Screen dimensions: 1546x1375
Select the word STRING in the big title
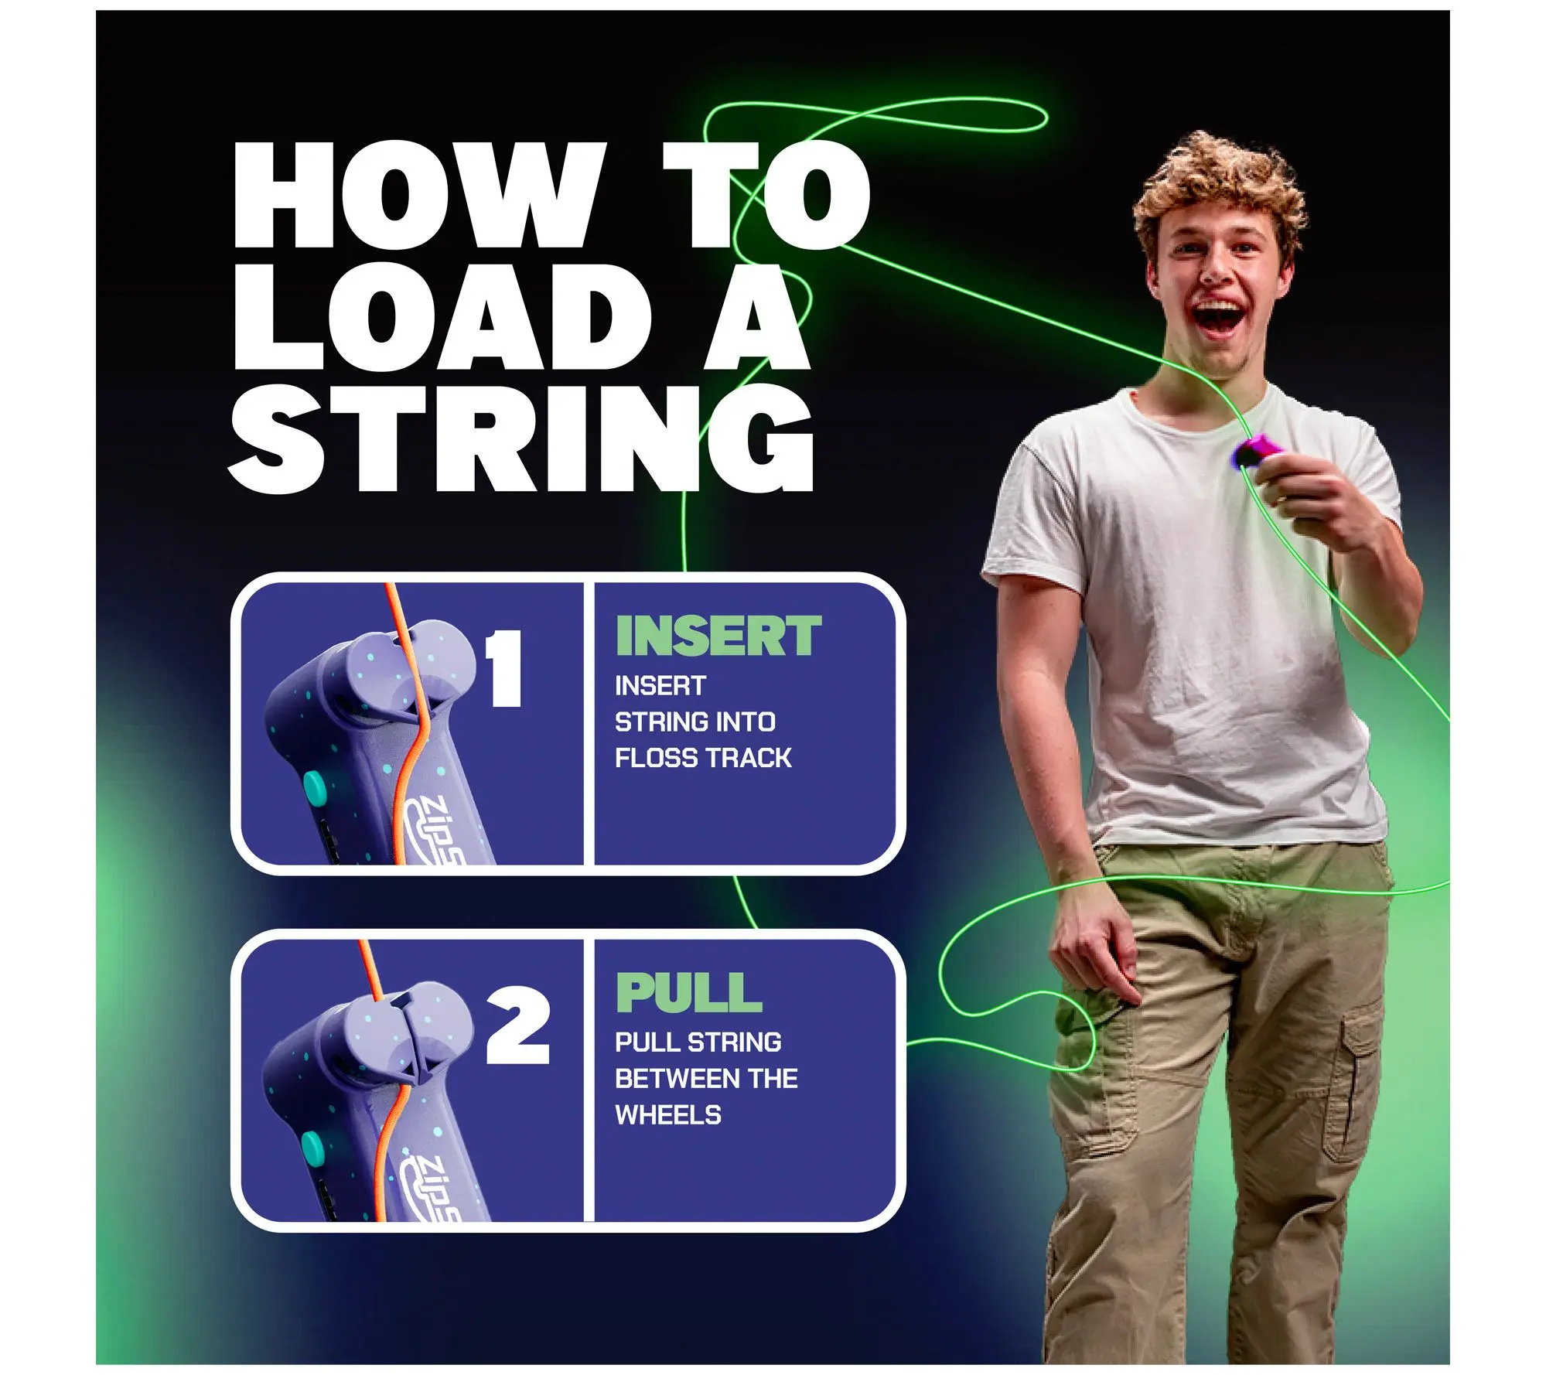(520, 438)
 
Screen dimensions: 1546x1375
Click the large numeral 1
(504, 668)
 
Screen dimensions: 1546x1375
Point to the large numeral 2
(517, 1025)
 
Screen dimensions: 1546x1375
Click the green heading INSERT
(718, 636)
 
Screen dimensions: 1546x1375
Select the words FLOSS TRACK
(703, 758)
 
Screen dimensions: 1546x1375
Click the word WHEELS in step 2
(668, 1115)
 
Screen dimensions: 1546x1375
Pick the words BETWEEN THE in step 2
(706, 1079)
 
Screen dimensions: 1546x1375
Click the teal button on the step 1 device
(315, 789)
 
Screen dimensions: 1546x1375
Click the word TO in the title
(766, 195)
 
